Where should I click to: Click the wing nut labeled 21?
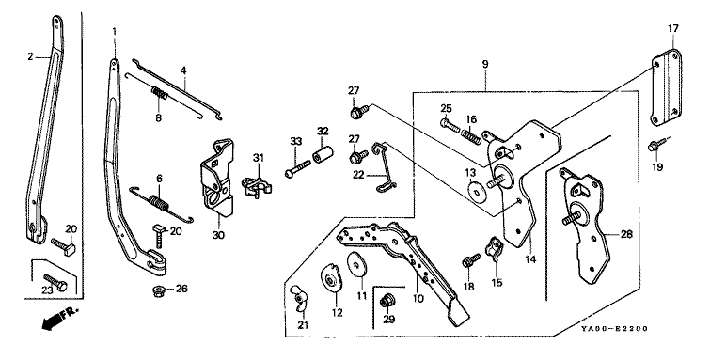299,298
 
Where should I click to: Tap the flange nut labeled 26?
158,290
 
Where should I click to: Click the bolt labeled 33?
298,167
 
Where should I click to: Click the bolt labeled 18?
471,260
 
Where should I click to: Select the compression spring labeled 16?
472,136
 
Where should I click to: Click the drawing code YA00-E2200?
615,328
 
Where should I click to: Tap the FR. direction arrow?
56,319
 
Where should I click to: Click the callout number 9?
485,64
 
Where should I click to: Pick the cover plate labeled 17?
667,87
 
